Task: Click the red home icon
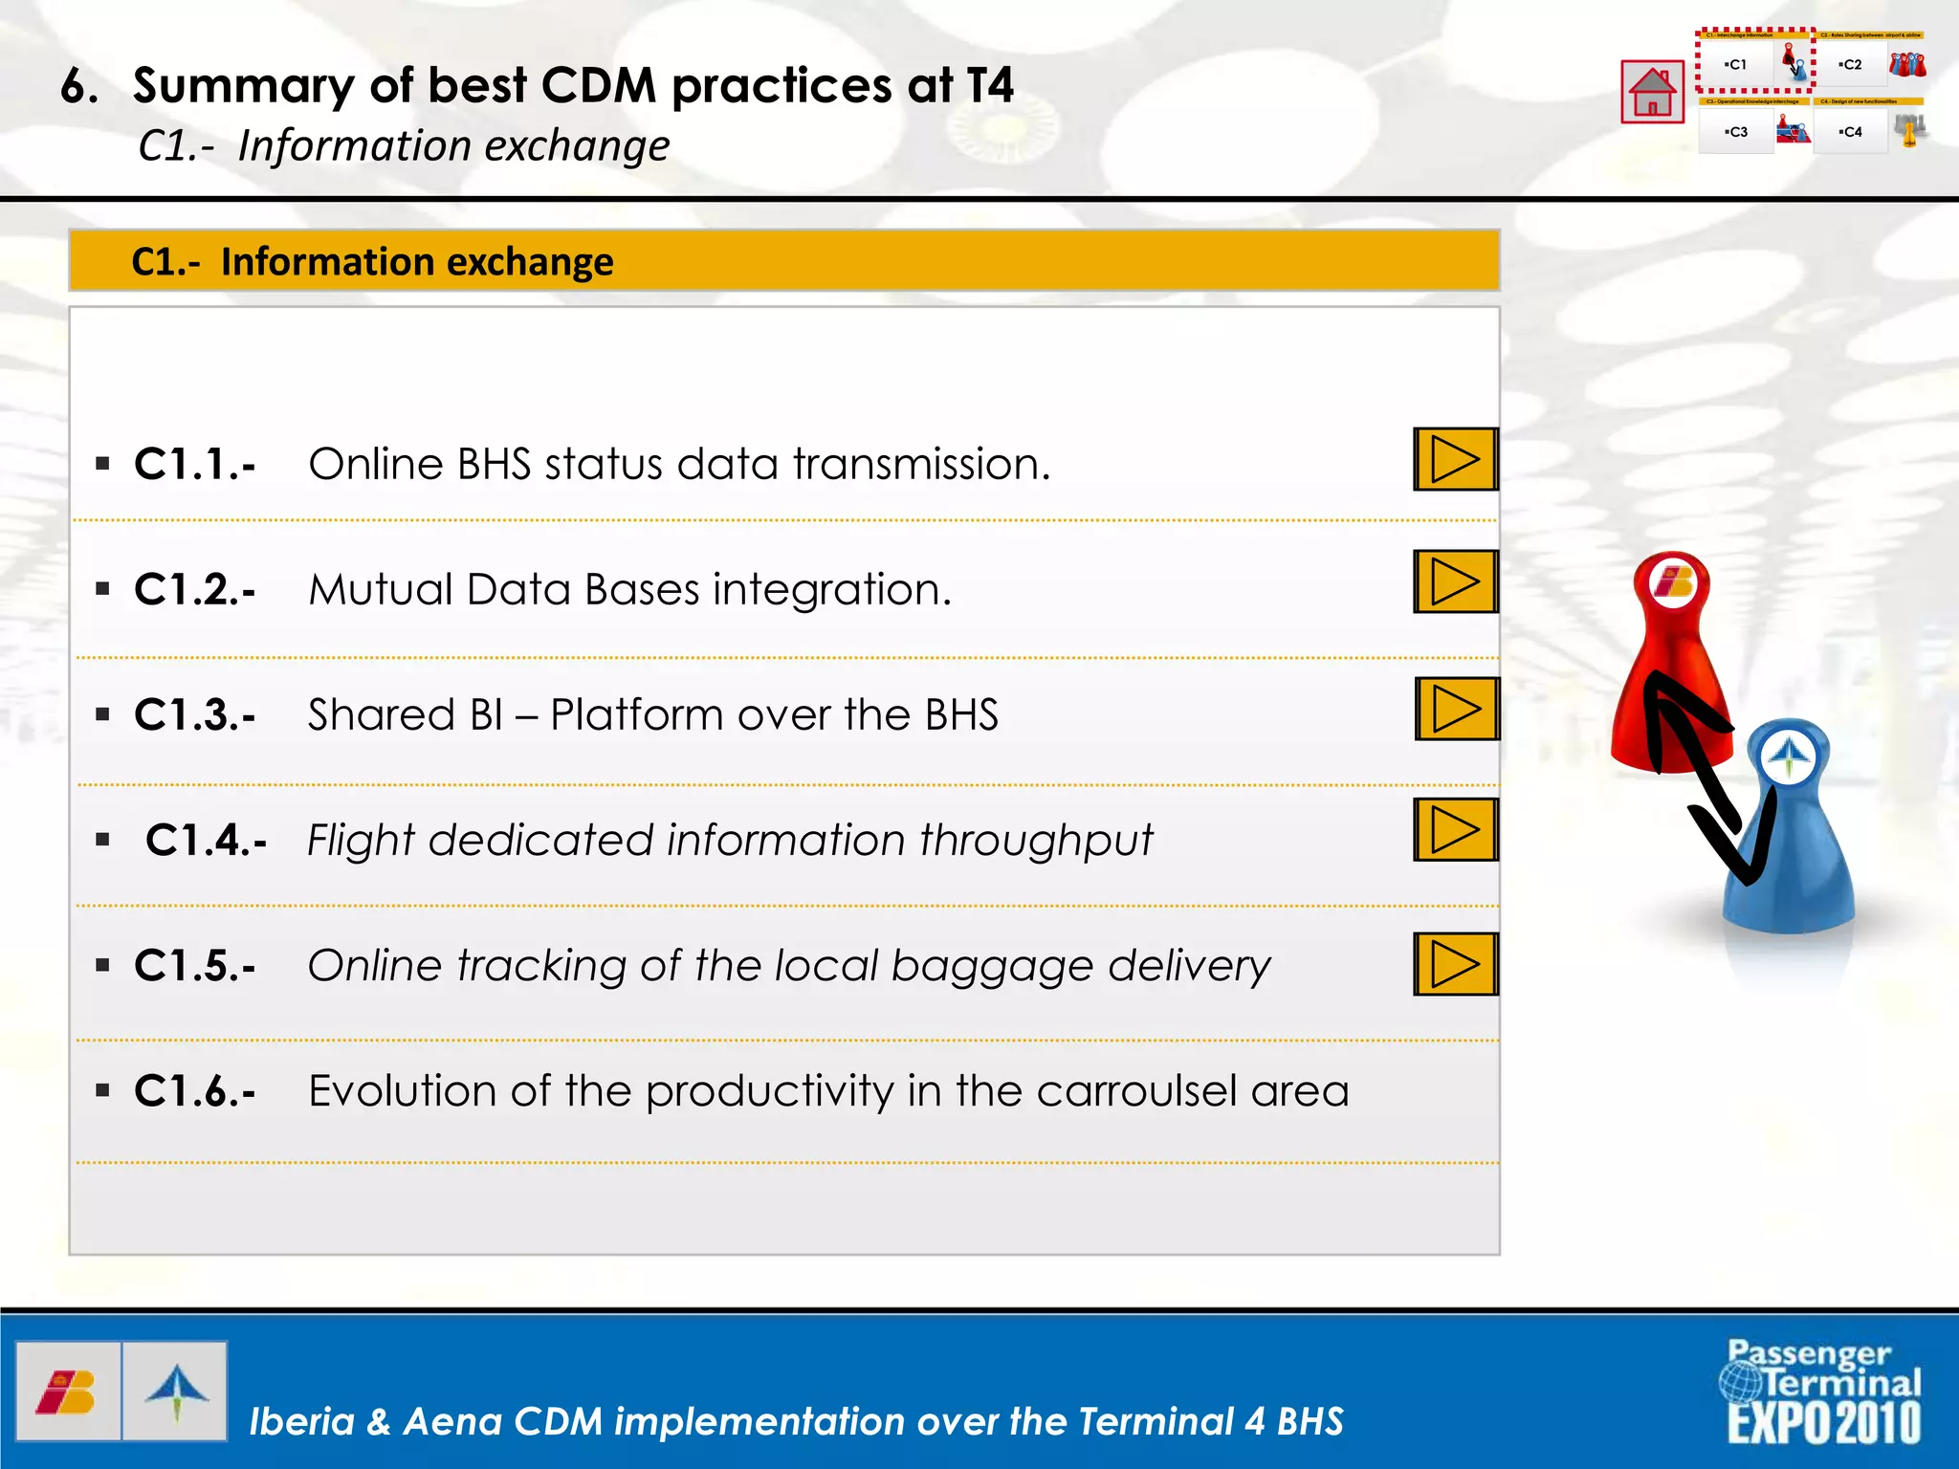[x=1652, y=92]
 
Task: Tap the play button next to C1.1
[x=1455, y=460]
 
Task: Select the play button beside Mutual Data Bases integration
[x=1455, y=581]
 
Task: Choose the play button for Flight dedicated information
[x=1455, y=830]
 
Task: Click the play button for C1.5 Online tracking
[x=1455, y=964]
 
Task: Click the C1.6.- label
[x=195, y=1091]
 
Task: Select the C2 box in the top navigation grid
[x=1851, y=65]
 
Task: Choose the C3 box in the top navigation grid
[x=1736, y=132]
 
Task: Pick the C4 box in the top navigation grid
[x=1851, y=132]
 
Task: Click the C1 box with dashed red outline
[x=1736, y=65]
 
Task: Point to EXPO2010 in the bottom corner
[x=1823, y=1423]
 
